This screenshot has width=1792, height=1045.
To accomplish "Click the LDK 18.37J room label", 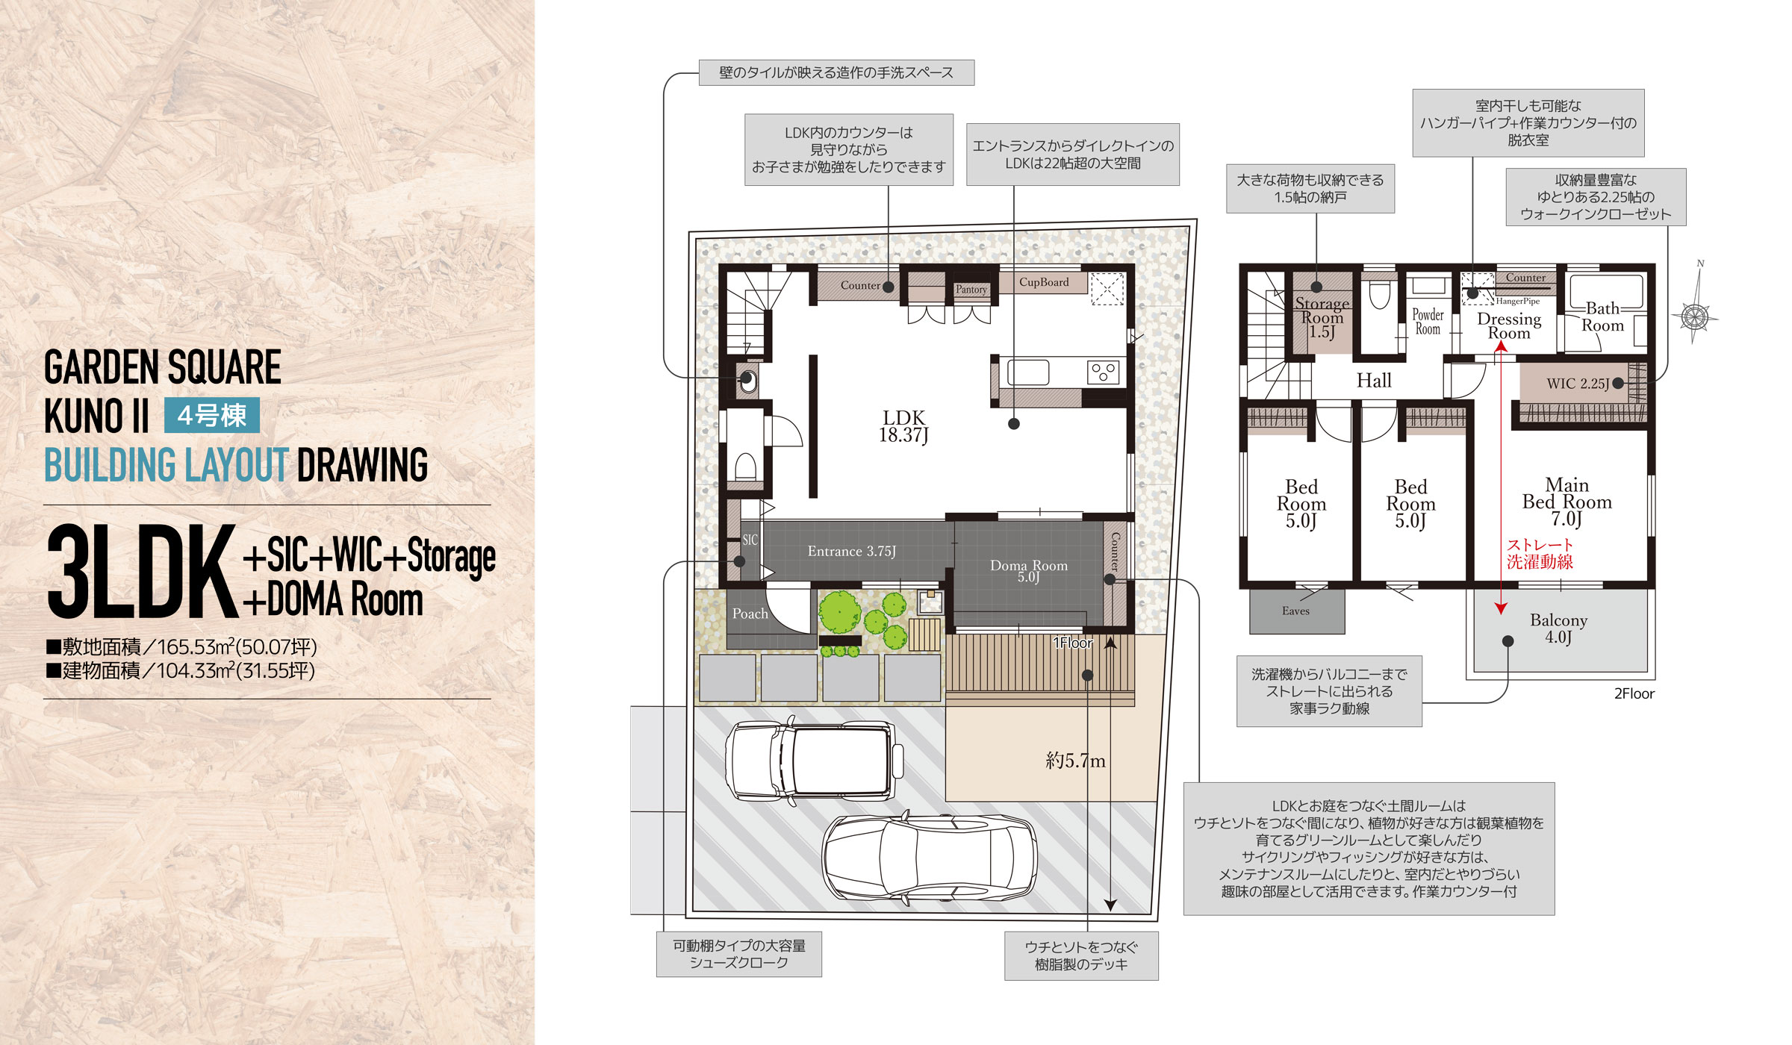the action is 903,426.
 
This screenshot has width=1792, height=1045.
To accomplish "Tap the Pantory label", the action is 971,289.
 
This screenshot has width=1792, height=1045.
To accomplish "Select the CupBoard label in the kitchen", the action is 1044,282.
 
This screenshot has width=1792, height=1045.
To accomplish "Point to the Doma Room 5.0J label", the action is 1029,571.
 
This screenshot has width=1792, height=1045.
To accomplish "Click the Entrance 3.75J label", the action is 852,552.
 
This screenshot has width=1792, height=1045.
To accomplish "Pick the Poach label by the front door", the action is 750,614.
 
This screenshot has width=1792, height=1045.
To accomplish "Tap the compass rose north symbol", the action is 1696,315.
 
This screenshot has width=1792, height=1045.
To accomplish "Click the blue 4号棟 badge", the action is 212,415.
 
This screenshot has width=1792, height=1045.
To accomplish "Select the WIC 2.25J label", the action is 1578,384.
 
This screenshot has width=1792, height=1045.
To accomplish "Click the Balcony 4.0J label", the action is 1558,628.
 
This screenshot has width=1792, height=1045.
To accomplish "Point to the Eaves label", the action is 1295,611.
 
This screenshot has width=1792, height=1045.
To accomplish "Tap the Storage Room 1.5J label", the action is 1322,317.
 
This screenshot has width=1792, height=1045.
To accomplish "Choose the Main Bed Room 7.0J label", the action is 1567,502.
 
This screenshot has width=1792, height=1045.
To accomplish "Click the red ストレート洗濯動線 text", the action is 1540,554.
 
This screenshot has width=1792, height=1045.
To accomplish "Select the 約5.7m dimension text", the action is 1075,761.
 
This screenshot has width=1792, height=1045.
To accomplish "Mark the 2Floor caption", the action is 1634,693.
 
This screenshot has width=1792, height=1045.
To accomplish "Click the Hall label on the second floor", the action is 1374,381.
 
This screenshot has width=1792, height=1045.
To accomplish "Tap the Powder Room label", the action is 1428,322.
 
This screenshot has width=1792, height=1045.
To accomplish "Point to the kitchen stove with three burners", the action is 1103,372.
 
